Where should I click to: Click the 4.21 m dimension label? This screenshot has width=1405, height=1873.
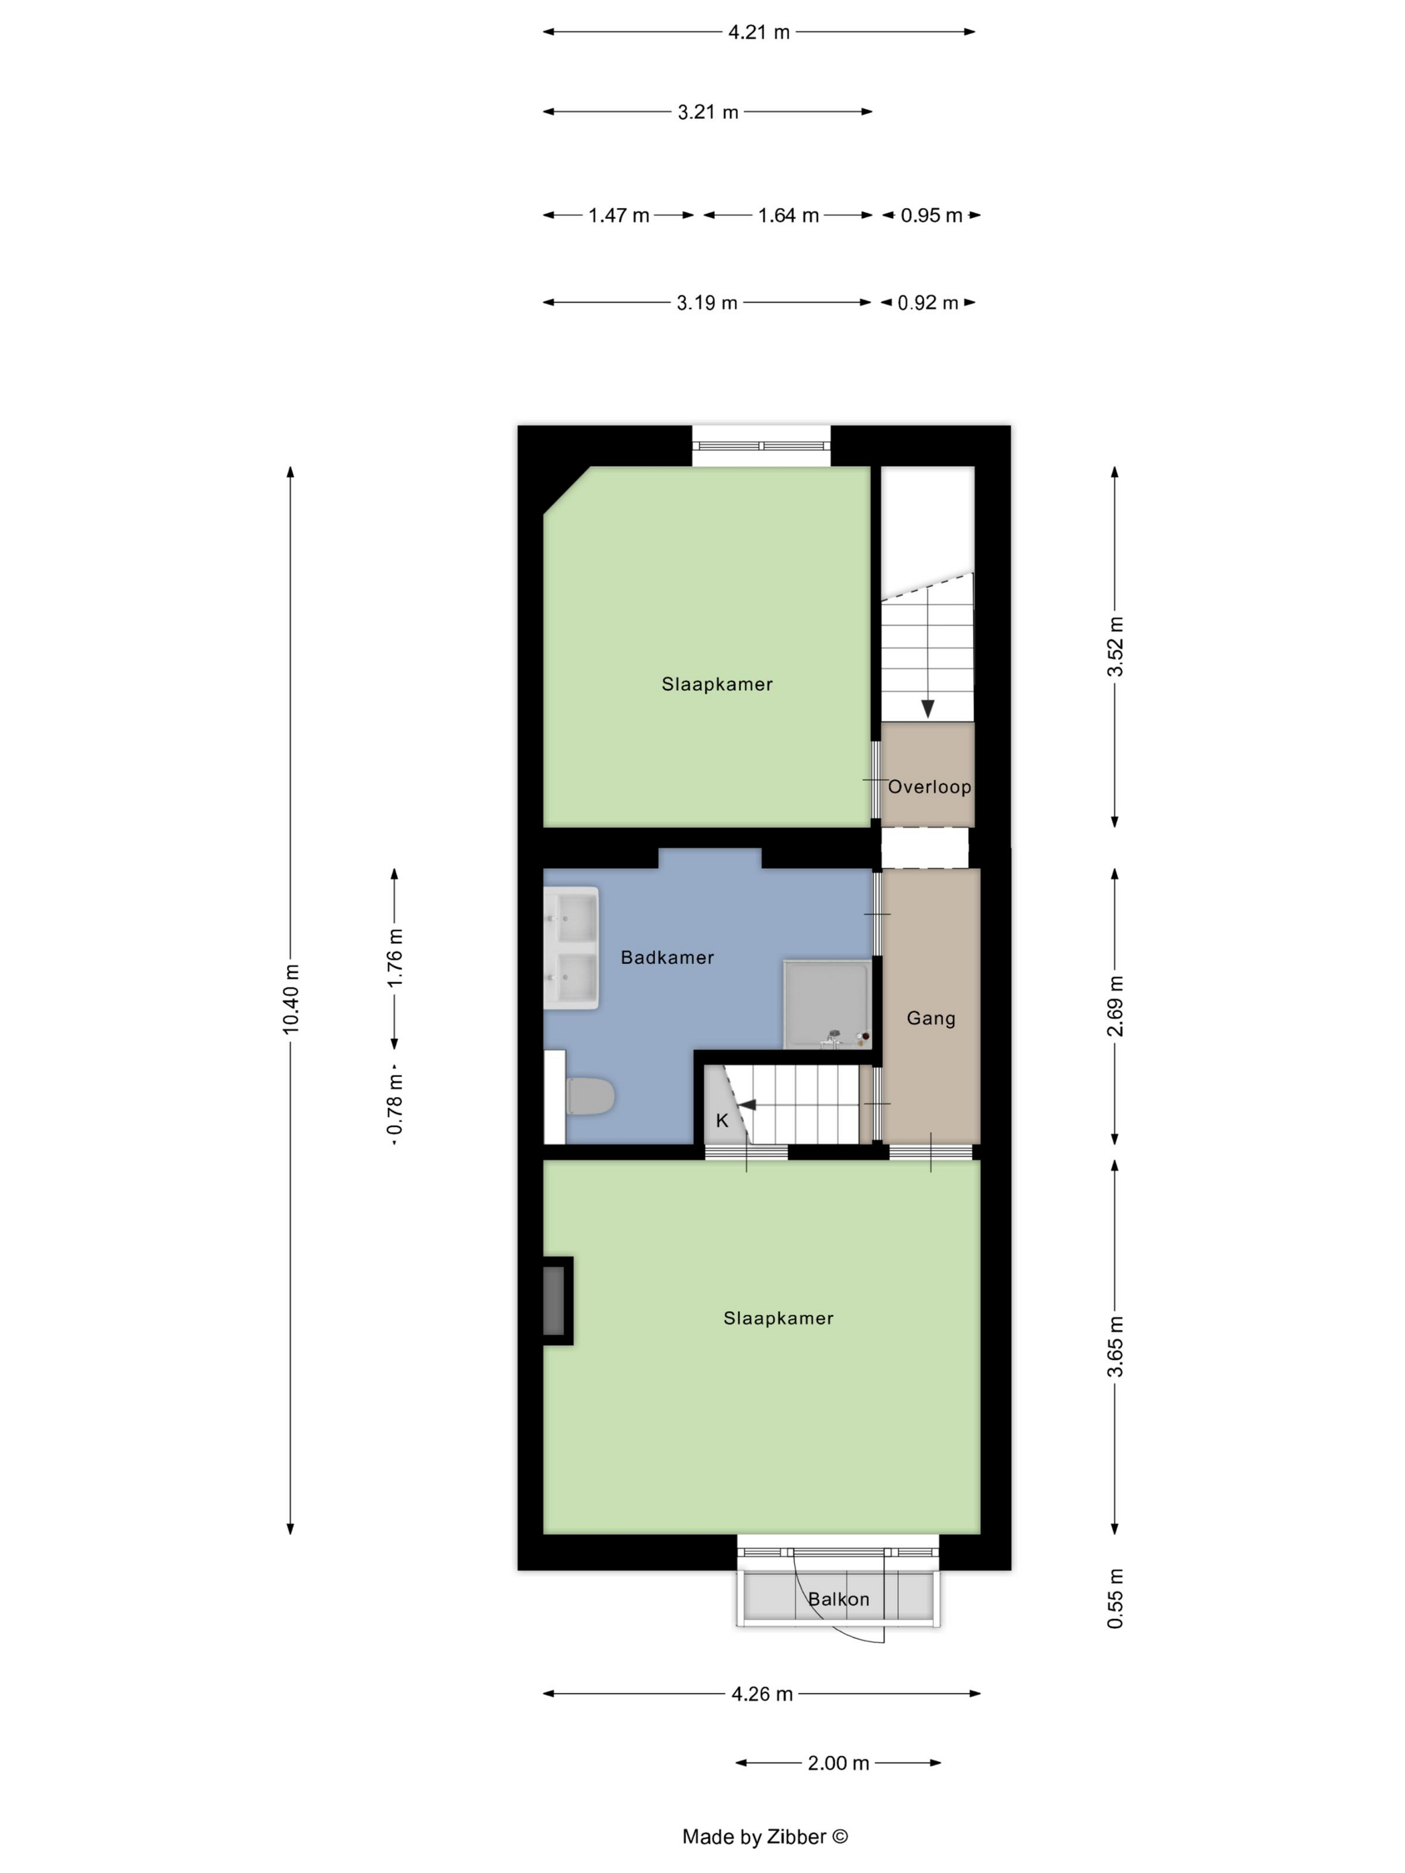point(759,32)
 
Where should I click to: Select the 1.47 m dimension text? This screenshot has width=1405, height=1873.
point(618,215)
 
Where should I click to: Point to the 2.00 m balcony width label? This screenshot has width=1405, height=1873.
point(838,1763)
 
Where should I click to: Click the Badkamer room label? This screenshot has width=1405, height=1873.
point(667,958)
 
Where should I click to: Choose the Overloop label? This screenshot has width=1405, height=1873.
point(929,787)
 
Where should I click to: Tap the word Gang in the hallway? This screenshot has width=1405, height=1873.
point(931,1019)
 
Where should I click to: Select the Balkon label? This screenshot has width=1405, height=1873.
point(838,1599)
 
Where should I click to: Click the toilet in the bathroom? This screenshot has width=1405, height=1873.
point(589,1096)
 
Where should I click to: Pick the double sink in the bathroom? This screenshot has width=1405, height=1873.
point(571,947)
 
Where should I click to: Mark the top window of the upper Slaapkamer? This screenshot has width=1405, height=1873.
point(761,446)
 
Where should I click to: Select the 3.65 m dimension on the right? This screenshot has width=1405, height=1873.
point(1115,1347)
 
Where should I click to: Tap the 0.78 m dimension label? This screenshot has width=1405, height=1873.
point(395,1104)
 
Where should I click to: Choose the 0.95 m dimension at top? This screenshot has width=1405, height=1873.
point(931,215)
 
